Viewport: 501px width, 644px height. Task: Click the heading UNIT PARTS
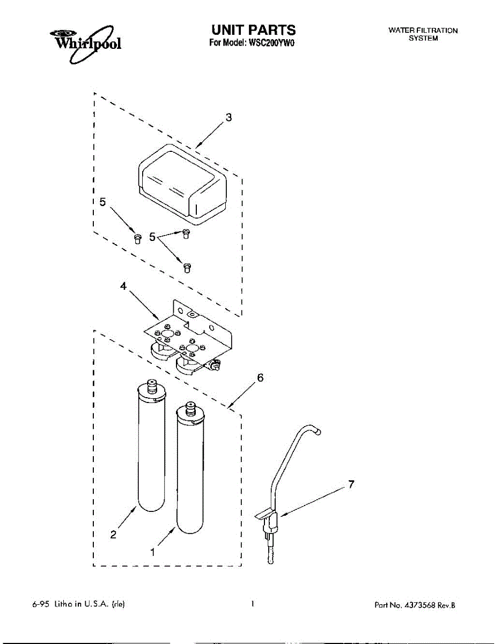coord(253,30)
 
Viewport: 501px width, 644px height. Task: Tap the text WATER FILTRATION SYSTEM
coord(423,34)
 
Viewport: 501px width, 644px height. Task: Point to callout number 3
coord(229,118)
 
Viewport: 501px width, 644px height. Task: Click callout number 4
coord(124,287)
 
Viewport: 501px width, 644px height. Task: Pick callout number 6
coord(260,378)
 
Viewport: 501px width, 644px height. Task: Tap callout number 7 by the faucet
coord(351,485)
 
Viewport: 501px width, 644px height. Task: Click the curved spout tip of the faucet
coord(318,430)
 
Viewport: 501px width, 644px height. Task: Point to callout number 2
coord(113,534)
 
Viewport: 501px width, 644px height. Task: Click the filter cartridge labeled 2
coord(152,451)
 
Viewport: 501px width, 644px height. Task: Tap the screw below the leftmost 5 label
coord(137,238)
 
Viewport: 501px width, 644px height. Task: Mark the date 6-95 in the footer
coord(41,605)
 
